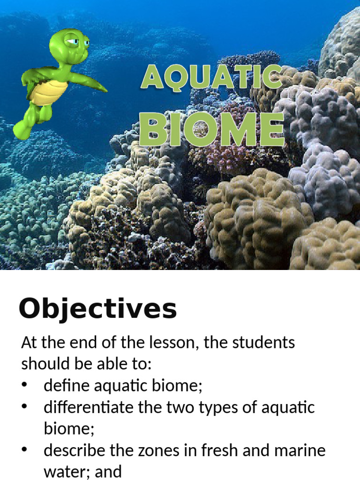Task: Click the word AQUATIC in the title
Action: (x=211, y=77)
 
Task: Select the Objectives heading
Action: (x=97, y=309)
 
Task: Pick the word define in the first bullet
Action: (x=67, y=386)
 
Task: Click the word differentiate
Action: (x=89, y=407)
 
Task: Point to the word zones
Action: (x=158, y=450)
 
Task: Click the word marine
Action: (x=300, y=450)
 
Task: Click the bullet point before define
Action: (x=25, y=386)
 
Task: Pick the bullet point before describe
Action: (x=25, y=450)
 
